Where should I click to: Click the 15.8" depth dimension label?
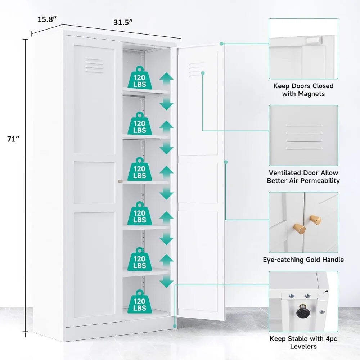pyautogui.click(x=47, y=19)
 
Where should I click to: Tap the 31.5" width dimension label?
pyautogui.click(x=123, y=22)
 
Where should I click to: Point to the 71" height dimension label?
pyautogui.click(x=13, y=139)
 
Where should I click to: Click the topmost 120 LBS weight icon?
pyautogui.click(x=140, y=78)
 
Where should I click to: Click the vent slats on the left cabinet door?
pyautogui.click(x=94, y=65)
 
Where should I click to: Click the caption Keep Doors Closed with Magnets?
pyautogui.click(x=303, y=90)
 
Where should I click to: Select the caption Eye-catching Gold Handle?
pyautogui.click(x=303, y=260)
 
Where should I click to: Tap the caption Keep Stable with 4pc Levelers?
pyautogui.click(x=303, y=342)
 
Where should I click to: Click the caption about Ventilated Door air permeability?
pyautogui.click(x=303, y=176)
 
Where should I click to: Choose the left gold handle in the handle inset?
pyautogui.click(x=300, y=229)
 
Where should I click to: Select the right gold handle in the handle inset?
pyautogui.click(x=315, y=220)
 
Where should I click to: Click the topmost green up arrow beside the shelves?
pyautogui.click(x=166, y=79)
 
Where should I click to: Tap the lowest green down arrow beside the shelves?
pyautogui.click(x=166, y=282)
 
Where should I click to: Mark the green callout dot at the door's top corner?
pyautogui.click(x=221, y=44)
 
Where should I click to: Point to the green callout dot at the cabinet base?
pyautogui.click(x=175, y=326)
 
